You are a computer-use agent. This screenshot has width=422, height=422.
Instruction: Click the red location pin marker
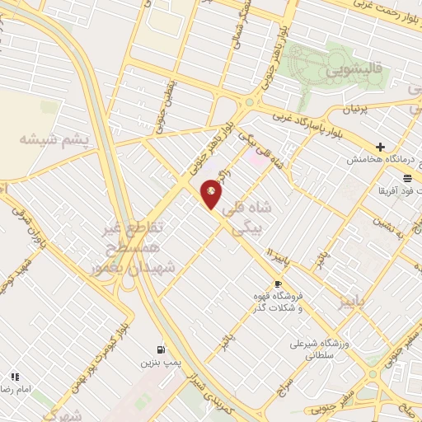tap(212, 194)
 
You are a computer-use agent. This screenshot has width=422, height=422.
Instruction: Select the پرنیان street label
tap(358, 108)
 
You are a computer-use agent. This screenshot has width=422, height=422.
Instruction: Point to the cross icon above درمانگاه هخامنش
tap(380, 146)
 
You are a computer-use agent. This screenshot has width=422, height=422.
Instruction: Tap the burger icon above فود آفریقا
tap(407, 177)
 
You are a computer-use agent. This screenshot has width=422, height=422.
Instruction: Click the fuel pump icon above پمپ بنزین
tap(160, 349)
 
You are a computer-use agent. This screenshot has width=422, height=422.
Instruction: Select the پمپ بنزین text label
tap(159, 362)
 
